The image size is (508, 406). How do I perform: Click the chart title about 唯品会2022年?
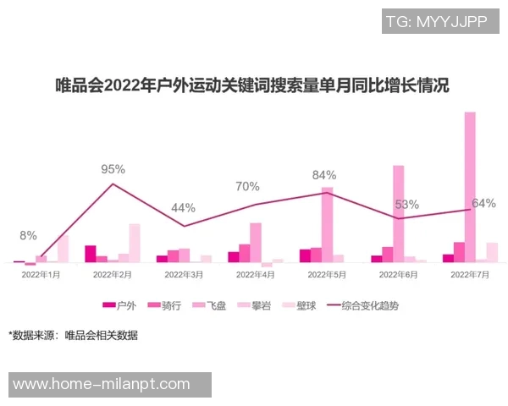[x=251, y=85]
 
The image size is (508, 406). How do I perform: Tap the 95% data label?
[x=113, y=169]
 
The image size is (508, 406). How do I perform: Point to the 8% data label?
[x=28, y=236]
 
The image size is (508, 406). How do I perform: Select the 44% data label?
[x=184, y=207]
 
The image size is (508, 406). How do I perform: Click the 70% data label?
[x=247, y=186]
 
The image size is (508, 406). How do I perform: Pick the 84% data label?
[x=324, y=175]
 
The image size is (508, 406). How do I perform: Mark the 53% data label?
[x=407, y=204]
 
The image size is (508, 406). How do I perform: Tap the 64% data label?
[x=483, y=203]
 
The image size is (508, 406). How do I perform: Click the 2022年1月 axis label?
[x=41, y=275]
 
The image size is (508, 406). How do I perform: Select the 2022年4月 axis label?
[x=255, y=275]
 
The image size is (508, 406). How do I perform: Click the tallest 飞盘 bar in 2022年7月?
[x=470, y=186]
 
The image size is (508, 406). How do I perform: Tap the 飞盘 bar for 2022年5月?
[x=327, y=225]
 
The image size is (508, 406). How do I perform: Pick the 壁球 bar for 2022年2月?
[x=134, y=243]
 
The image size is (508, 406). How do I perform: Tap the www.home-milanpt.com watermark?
[x=102, y=384]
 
